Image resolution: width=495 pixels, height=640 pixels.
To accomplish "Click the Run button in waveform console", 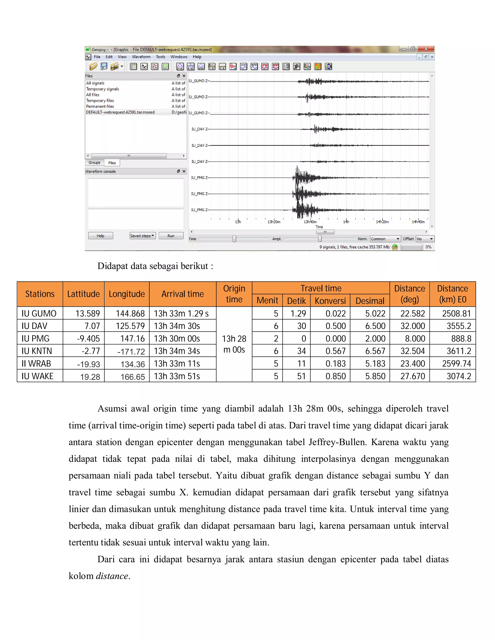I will [x=171, y=236].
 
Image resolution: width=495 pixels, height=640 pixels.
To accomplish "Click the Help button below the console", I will [x=100, y=236].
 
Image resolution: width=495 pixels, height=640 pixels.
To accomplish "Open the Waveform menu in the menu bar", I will [x=141, y=57].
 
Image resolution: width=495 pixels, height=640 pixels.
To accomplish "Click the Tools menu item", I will [x=160, y=57].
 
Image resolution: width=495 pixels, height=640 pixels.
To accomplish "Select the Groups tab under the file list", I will [x=95, y=163].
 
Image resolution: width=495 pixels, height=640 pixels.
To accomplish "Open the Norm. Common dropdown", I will [x=385, y=239].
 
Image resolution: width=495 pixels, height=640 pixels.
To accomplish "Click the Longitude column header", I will [x=127, y=294].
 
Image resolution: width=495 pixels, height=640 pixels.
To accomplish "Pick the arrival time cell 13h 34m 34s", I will [x=177, y=351].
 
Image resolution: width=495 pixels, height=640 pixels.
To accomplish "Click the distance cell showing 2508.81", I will [x=456, y=313].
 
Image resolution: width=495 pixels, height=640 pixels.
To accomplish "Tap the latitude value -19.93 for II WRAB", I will [x=88, y=364].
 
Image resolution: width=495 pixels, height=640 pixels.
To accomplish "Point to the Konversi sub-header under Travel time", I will [x=330, y=301].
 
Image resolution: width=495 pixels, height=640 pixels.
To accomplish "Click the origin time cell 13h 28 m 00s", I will [x=234, y=344].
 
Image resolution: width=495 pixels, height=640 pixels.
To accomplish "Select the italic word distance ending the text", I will [x=112, y=576].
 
